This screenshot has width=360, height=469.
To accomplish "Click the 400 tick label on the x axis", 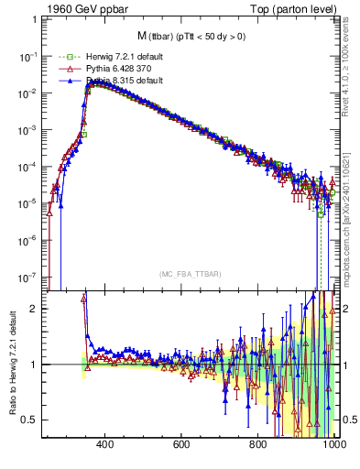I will point(104,444).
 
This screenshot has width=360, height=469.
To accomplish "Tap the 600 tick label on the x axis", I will point(181,444).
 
